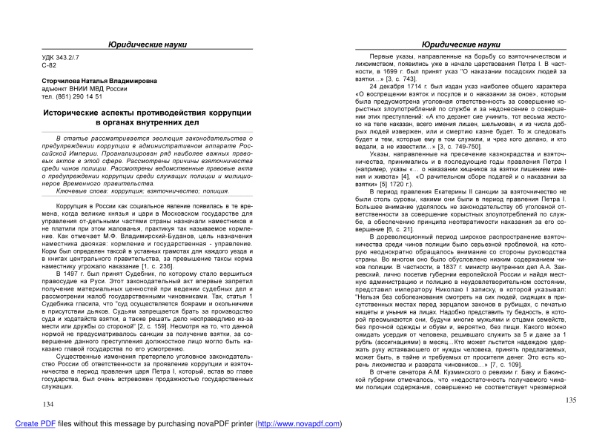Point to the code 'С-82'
click(49, 66)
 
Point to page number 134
click(49, 404)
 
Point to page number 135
click(571, 400)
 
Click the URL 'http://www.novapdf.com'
click(297, 424)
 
